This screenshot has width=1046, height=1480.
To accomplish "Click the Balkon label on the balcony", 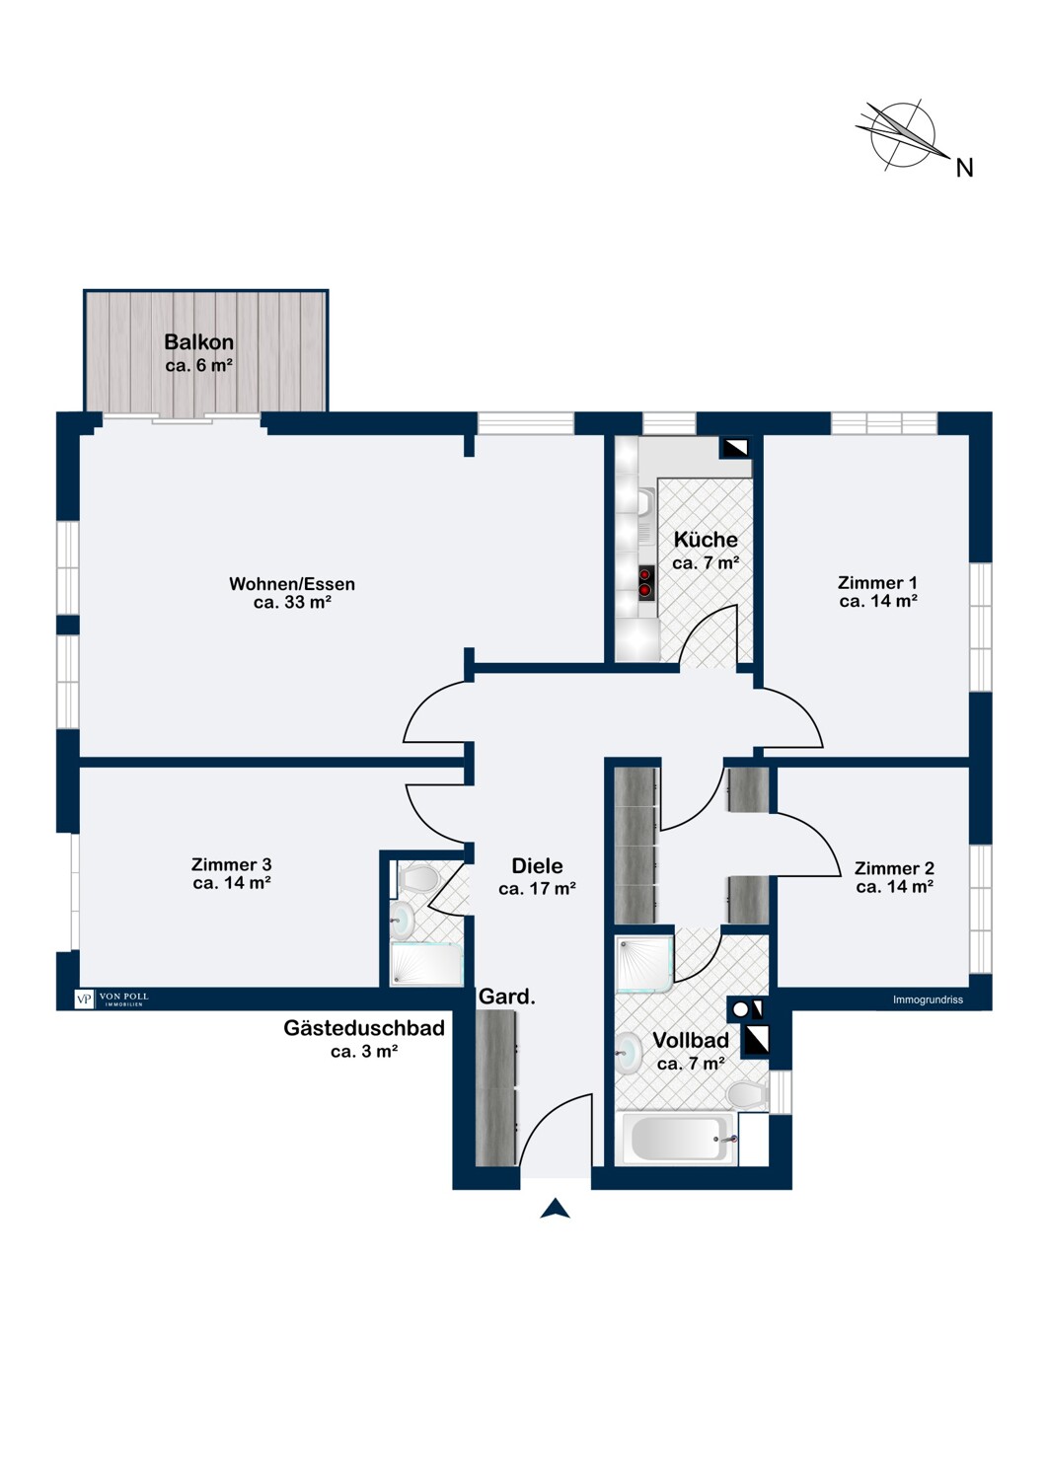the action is click(x=199, y=341).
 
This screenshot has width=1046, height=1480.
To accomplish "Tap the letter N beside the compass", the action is click(x=965, y=169).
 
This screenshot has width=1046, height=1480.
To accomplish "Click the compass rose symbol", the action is click(x=903, y=135).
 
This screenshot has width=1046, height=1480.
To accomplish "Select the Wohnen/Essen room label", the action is click(x=292, y=583).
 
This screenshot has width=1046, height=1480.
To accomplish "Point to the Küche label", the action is click(x=706, y=539).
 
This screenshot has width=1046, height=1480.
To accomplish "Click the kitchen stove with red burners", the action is click(x=646, y=583).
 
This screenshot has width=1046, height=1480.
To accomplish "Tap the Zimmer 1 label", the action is click(x=877, y=582).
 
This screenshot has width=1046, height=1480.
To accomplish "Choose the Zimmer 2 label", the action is click(x=895, y=868).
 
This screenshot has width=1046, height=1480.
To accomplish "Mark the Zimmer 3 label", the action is click(x=231, y=864).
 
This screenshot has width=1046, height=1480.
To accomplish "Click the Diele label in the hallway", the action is click(x=537, y=865).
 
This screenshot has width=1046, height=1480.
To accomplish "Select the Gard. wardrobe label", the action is click(x=507, y=997).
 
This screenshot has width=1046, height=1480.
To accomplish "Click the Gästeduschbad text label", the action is click(x=364, y=1028).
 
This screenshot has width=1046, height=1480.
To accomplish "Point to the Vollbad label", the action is click(x=691, y=1040).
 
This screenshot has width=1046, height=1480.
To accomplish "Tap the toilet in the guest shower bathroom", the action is click(x=417, y=879).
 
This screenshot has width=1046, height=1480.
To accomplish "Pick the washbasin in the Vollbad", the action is click(x=628, y=1054).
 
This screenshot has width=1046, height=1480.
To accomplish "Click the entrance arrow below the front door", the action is click(x=555, y=1208).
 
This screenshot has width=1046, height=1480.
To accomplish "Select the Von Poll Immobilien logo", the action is click(x=112, y=999).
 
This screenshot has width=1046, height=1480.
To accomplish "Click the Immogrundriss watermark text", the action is click(x=928, y=999).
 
